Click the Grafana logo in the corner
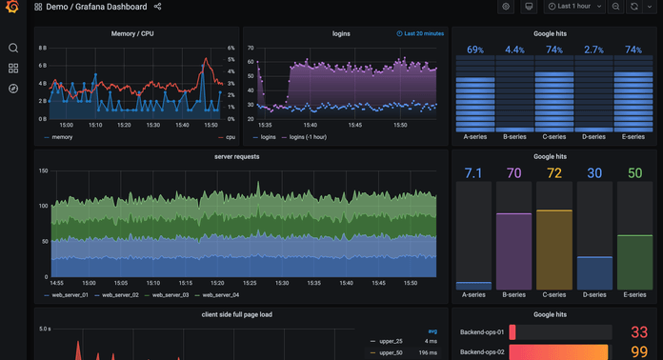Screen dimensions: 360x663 [x=12, y=9]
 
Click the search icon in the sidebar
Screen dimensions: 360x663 [x=13, y=48]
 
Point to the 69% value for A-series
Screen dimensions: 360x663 [x=474, y=50]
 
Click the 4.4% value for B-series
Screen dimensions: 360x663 [x=514, y=50]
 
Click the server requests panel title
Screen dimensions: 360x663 [x=236, y=156]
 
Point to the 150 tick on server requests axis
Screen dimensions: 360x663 [x=43, y=170]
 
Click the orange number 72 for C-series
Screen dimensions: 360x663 [x=553, y=172]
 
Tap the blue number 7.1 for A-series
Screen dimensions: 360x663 [x=473, y=172]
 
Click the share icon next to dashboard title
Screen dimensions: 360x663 [x=157, y=7]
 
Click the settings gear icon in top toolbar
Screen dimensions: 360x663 [x=506, y=7]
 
